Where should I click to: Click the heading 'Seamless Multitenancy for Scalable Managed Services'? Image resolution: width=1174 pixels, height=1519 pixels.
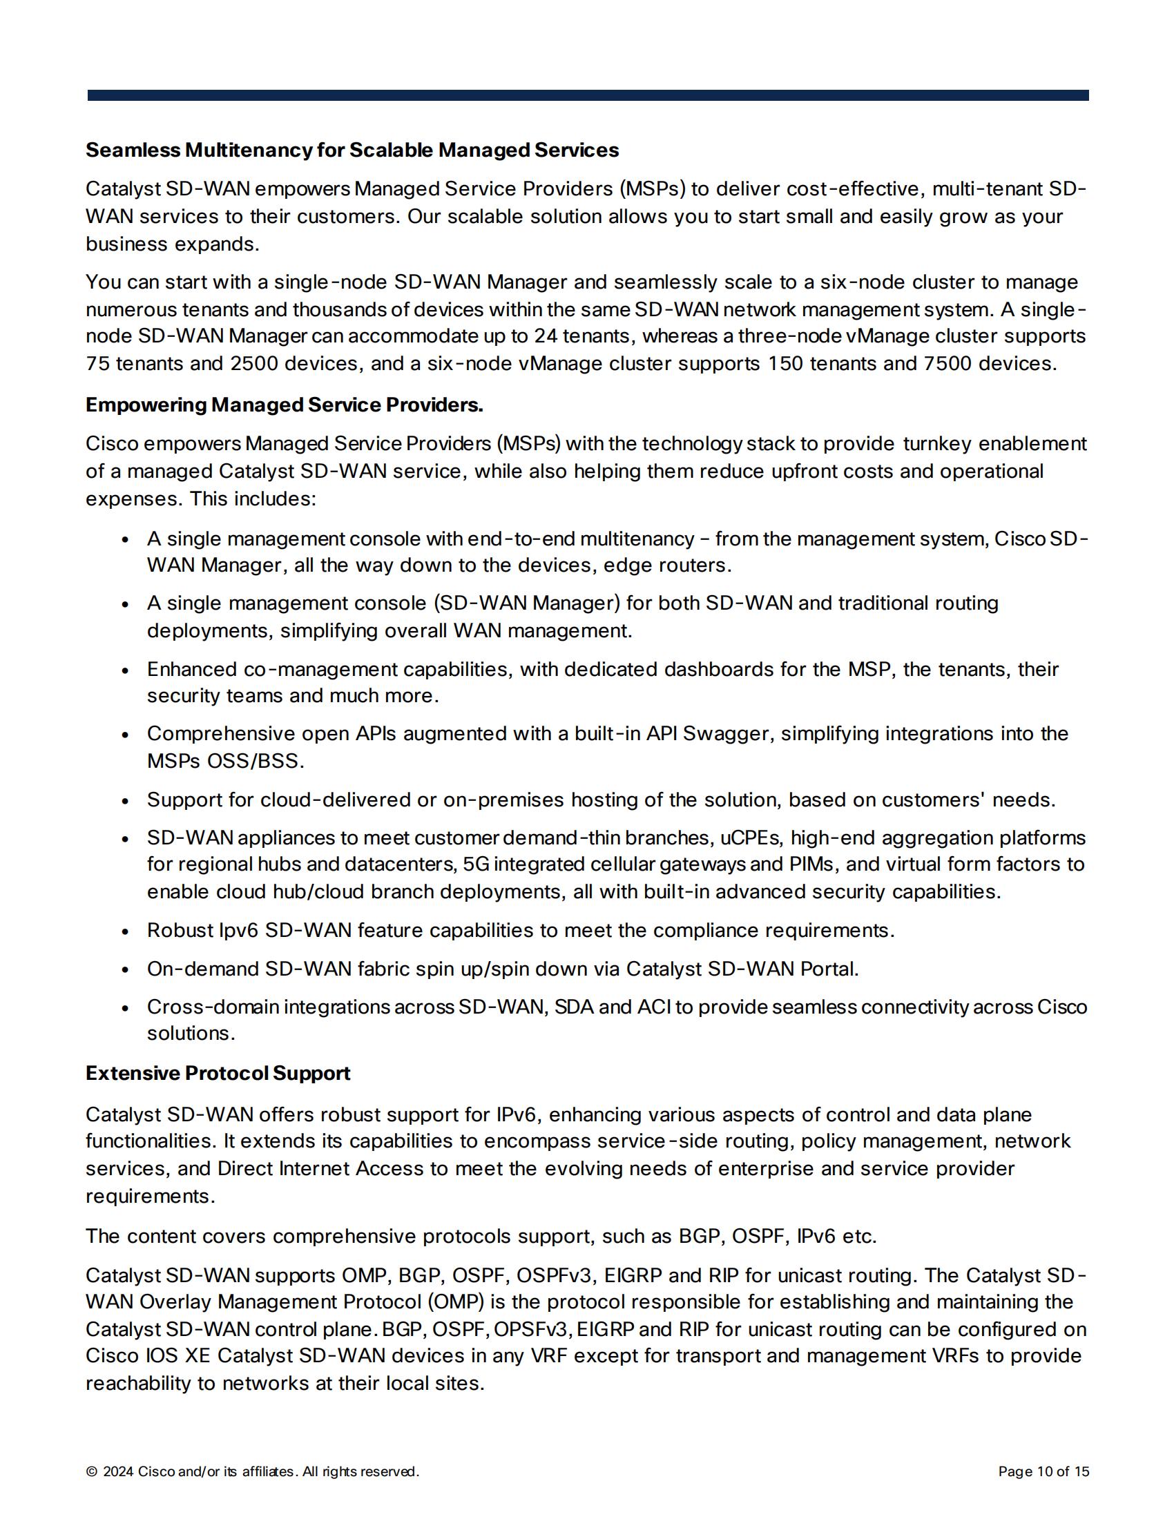coord(352,151)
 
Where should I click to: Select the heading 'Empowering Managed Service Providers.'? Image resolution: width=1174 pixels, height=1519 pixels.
coord(284,405)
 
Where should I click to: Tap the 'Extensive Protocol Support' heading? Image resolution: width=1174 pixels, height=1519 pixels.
coord(218,1073)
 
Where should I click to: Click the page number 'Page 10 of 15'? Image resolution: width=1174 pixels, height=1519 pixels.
coord(1043,1472)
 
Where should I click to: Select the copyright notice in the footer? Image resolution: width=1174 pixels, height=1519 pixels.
coord(252,1472)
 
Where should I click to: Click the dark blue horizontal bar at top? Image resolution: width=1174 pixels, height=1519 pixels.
coord(588,95)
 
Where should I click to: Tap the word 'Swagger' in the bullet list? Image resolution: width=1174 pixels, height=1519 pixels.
coord(728,734)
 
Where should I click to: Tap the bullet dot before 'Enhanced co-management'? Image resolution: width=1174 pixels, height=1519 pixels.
coord(125,670)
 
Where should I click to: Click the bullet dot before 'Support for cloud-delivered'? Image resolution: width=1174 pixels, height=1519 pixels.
coord(125,801)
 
